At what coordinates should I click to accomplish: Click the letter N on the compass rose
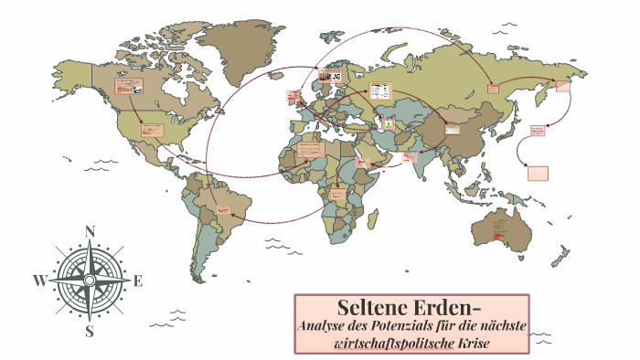pyautogui.click(x=90, y=232)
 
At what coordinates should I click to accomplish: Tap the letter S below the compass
pyautogui.click(x=90, y=331)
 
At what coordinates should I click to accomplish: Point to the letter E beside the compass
pyautogui.click(x=138, y=281)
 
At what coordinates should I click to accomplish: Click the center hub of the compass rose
pyautogui.click(x=90, y=281)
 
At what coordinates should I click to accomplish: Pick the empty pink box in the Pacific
pyautogui.click(x=539, y=173)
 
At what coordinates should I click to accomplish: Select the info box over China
pyautogui.click(x=453, y=129)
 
